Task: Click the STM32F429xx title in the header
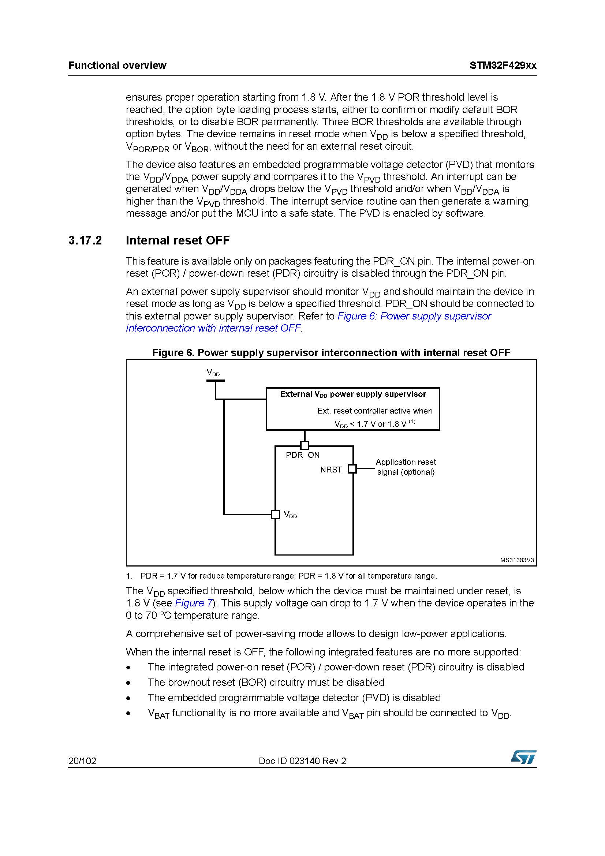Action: [x=503, y=66]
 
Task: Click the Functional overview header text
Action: [x=117, y=66]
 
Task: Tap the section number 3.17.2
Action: [x=85, y=240]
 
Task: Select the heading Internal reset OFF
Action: [x=178, y=240]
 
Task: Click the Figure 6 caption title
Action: [x=331, y=353]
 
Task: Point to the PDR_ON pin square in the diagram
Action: [x=305, y=445]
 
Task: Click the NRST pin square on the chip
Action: [x=352, y=469]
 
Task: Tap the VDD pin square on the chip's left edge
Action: [x=275, y=515]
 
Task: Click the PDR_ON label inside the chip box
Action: [x=303, y=455]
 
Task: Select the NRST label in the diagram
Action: [x=330, y=470]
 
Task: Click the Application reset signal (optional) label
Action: [x=406, y=467]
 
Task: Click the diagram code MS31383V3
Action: [x=517, y=560]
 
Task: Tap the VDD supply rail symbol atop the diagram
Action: [x=216, y=380]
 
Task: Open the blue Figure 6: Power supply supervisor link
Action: [x=414, y=316]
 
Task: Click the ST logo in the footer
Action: [x=523, y=757]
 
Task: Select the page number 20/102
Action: [x=82, y=761]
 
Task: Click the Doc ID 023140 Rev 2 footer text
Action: [x=302, y=761]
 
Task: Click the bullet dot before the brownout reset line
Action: [x=128, y=683]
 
